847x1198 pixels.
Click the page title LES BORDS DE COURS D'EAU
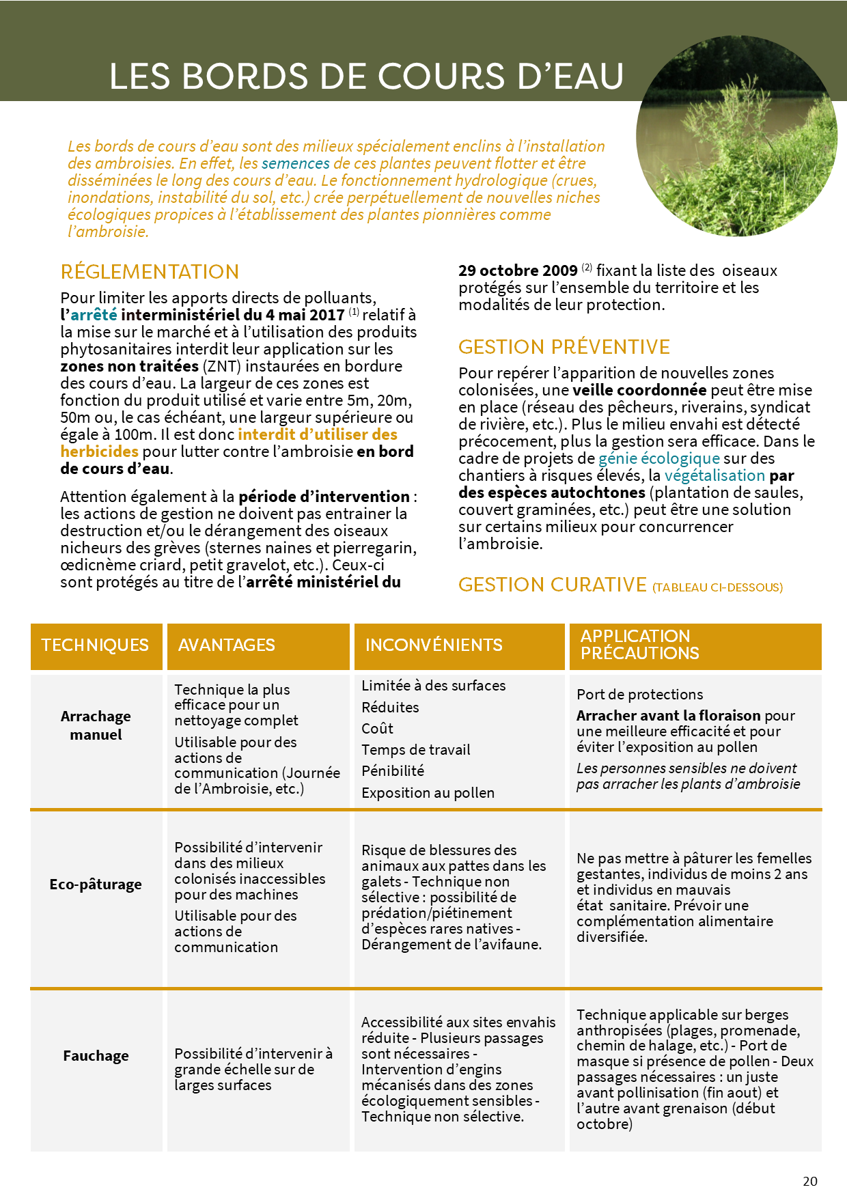(366, 76)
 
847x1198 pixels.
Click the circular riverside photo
(736, 136)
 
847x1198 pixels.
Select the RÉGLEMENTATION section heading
(150, 272)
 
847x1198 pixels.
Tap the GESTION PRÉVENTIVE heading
(564, 347)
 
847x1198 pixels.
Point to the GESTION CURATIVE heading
(552, 585)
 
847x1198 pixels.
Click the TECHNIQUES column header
(95, 645)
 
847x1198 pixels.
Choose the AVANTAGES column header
(226, 645)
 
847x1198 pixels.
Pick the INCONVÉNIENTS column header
(434, 645)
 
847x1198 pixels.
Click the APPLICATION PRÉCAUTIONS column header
(639, 645)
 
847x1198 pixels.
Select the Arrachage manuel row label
(96, 725)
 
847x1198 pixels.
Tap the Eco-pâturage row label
(96, 884)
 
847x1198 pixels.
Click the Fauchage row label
(96, 1056)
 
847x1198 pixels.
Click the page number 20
(810, 1181)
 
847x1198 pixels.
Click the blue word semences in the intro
(295, 164)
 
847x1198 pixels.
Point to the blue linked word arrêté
(94, 315)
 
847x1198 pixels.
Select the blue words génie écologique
(658, 458)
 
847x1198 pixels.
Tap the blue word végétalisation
(714, 475)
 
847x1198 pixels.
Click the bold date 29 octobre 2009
(518, 270)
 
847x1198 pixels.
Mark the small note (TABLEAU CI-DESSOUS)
(717, 587)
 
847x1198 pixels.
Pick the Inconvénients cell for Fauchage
(458, 1069)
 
